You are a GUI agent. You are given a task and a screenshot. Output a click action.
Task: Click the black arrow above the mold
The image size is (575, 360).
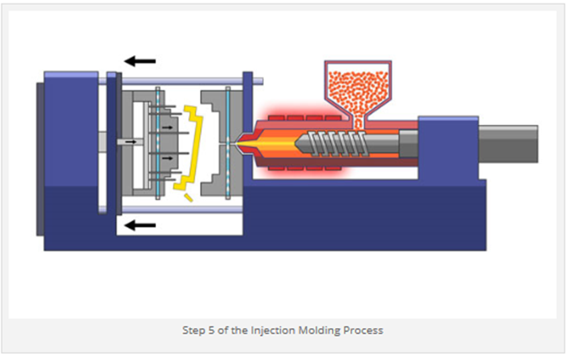140,61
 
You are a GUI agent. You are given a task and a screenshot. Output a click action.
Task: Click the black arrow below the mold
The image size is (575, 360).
140,225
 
